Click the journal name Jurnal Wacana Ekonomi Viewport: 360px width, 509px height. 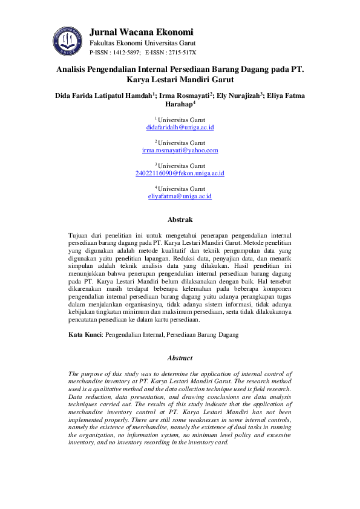tap(141, 32)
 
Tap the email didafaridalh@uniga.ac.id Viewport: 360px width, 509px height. tap(180, 128)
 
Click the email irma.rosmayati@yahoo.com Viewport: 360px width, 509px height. tap(180, 150)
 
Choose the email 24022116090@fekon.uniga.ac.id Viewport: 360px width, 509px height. tap(180, 173)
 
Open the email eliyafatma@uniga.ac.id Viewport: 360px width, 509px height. tap(180, 196)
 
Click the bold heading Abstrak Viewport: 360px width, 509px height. tap(180, 219)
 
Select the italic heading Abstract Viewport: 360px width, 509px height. tap(180, 358)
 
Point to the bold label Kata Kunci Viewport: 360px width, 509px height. tap(84, 334)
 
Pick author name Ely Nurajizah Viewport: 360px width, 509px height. tap(239, 95)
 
